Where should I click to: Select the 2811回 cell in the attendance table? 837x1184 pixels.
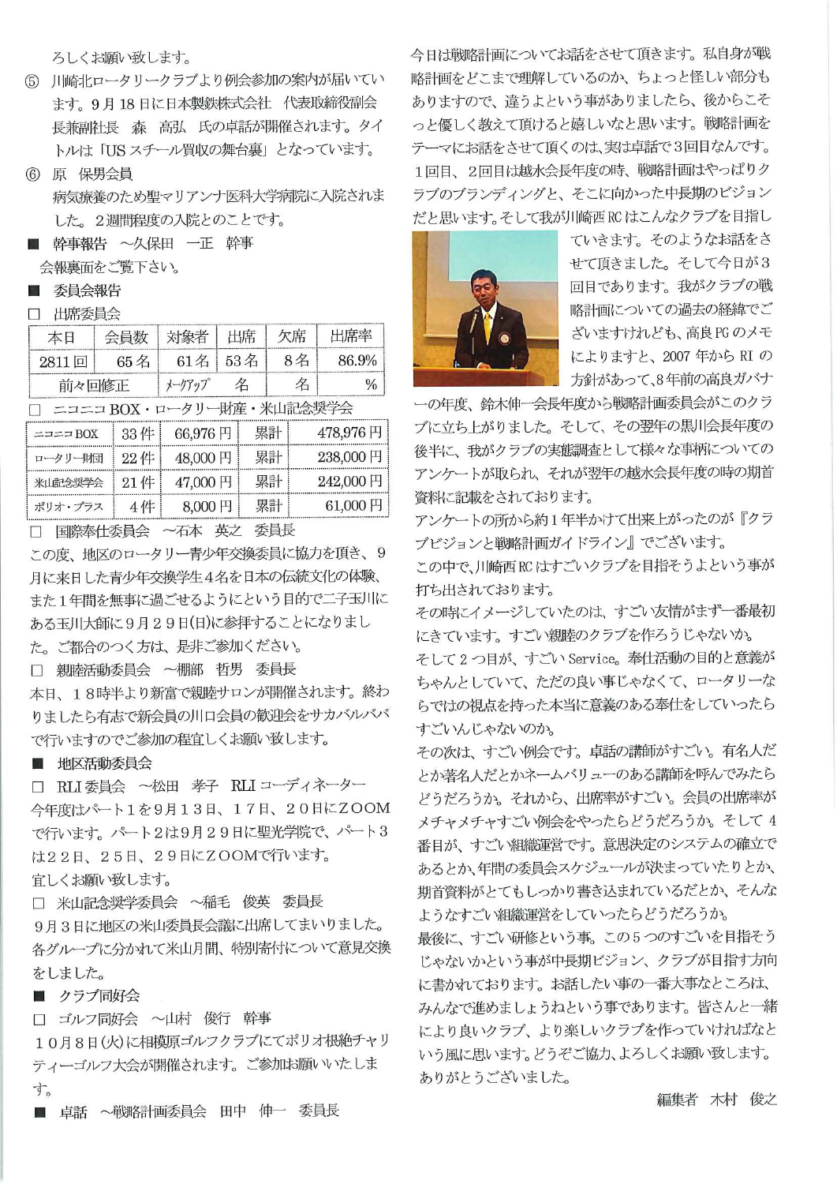63,361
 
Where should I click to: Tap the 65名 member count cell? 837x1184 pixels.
127,361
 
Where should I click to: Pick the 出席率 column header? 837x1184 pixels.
350,336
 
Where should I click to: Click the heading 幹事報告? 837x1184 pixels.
80,243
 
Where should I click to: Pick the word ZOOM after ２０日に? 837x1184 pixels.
364,808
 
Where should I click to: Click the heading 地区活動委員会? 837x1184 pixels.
104,763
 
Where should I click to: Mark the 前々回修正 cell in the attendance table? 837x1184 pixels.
94,385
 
